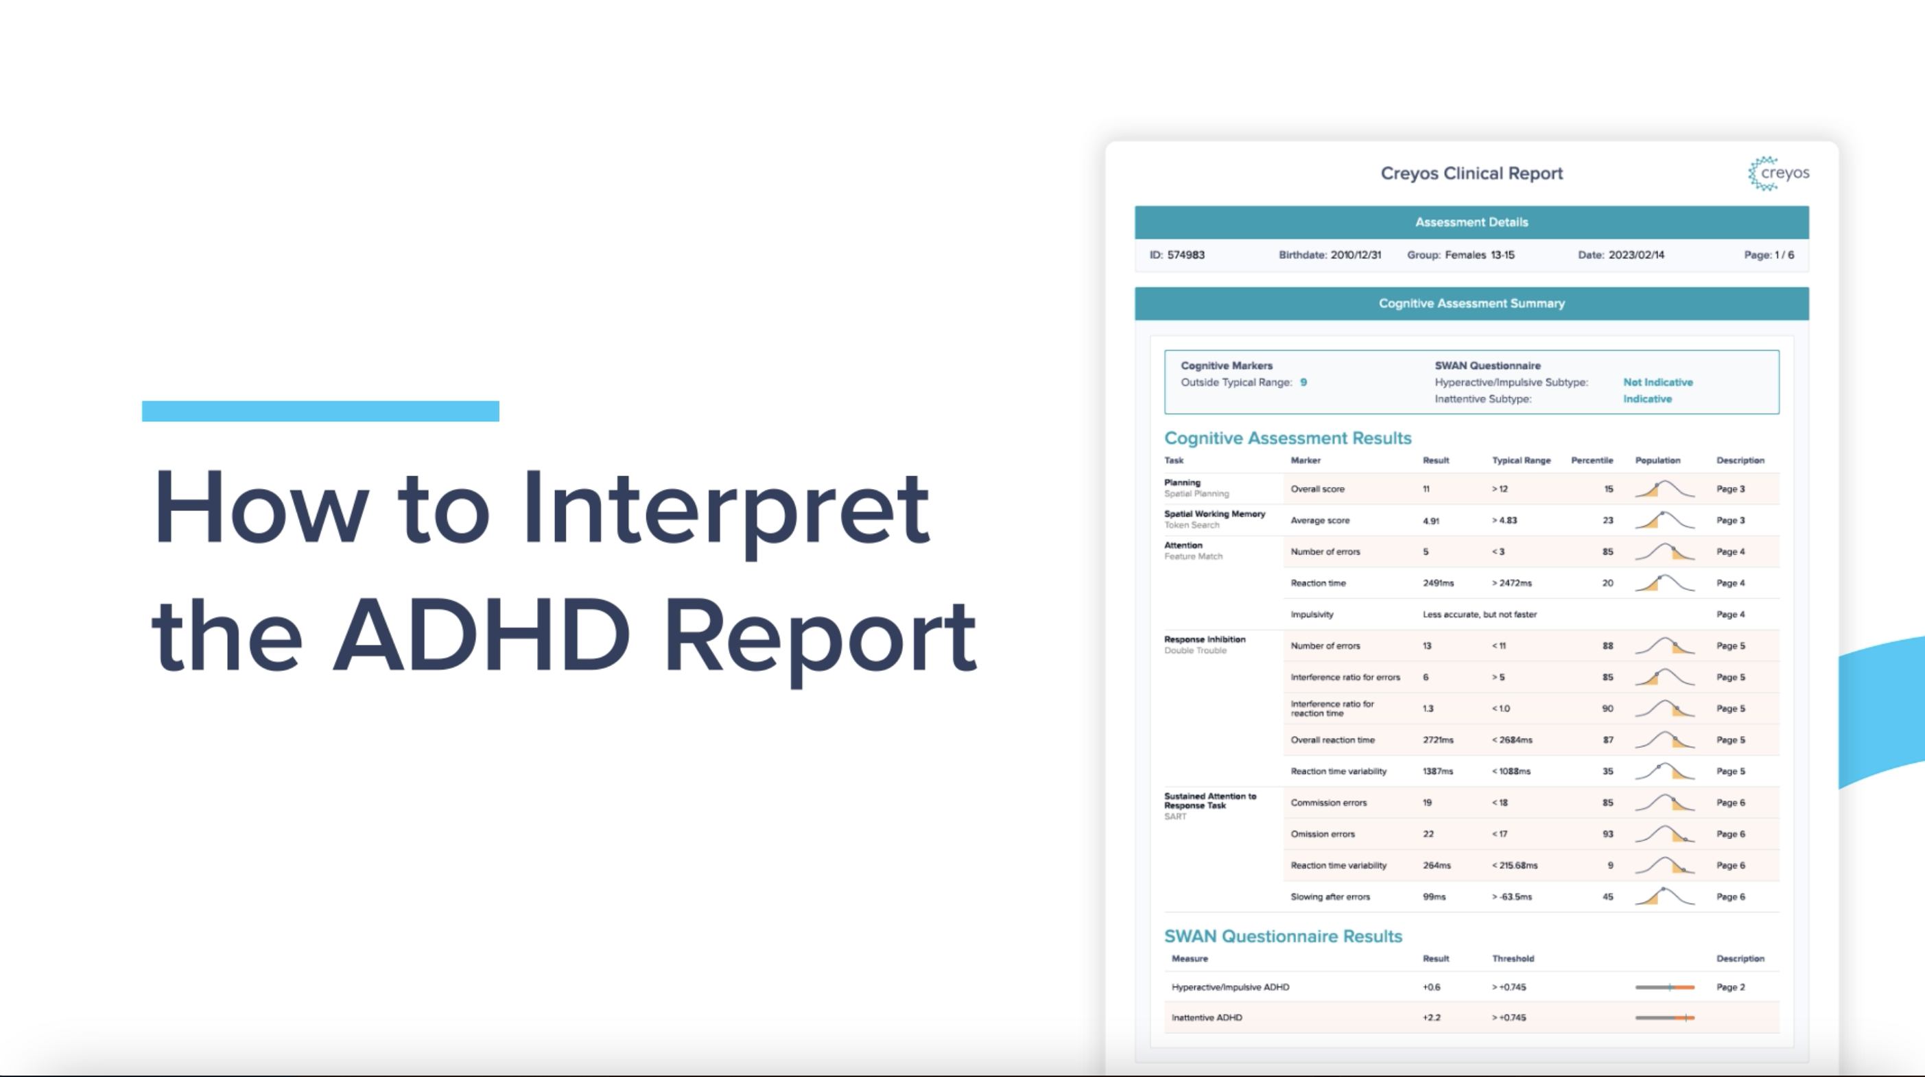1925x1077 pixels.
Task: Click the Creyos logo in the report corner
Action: (x=1778, y=174)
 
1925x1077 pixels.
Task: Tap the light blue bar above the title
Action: (x=320, y=411)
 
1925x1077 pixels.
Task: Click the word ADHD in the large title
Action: (x=482, y=635)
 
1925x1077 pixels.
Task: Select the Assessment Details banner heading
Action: (x=1472, y=222)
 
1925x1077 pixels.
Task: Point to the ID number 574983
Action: (x=1186, y=255)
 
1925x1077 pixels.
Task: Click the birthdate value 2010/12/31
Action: (x=1356, y=255)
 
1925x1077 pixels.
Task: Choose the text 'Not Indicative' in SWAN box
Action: (x=1658, y=382)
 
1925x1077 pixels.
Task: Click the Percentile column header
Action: (x=1592, y=460)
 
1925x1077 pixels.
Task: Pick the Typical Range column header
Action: (x=1522, y=460)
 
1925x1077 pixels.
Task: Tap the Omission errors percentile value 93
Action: (x=1607, y=834)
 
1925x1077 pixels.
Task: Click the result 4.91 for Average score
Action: (x=1431, y=521)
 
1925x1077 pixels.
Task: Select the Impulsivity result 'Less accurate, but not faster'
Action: (x=1480, y=615)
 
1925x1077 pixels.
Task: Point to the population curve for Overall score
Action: (x=1664, y=489)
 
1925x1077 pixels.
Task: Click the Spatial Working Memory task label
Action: (x=1214, y=514)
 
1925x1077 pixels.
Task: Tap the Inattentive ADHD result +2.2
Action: (x=1431, y=1017)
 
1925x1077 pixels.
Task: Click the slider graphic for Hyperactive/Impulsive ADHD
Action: (x=1664, y=987)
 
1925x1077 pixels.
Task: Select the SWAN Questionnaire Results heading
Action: (x=1283, y=936)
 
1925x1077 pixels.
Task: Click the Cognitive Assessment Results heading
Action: (x=1288, y=438)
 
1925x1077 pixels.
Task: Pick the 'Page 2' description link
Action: (x=1731, y=987)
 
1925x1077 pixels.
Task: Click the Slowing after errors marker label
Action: (x=1330, y=897)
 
